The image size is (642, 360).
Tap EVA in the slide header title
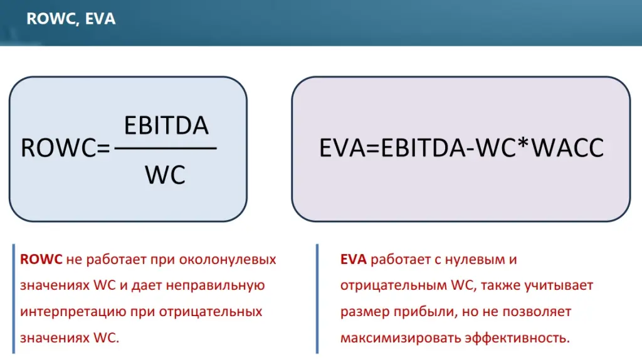100,18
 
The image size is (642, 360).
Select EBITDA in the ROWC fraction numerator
166,125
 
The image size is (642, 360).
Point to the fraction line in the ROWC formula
166,148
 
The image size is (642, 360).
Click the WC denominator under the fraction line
165,175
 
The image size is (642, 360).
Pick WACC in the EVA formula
567,148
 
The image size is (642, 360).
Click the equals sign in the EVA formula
373,148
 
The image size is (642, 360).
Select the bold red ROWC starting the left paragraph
41,259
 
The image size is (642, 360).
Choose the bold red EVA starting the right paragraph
354,259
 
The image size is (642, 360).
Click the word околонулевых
228,260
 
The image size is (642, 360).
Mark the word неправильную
216,285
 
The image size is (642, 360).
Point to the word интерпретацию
73,312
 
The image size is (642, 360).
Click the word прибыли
426,312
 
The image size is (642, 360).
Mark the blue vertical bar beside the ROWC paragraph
14,299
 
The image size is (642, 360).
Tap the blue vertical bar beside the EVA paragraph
317,299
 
